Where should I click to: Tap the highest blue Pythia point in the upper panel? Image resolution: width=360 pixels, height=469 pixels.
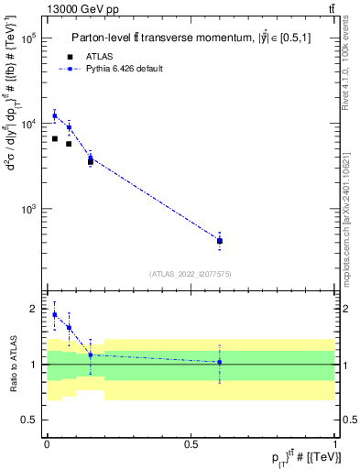tap(54, 116)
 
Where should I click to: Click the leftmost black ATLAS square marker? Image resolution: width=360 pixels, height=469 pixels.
tap(54, 138)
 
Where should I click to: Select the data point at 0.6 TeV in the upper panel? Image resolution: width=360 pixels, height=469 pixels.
tap(220, 241)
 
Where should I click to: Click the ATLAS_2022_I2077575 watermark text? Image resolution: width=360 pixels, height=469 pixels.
tap(191, 273)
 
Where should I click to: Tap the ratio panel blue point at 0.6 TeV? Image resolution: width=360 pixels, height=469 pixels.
tap(220, 362)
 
